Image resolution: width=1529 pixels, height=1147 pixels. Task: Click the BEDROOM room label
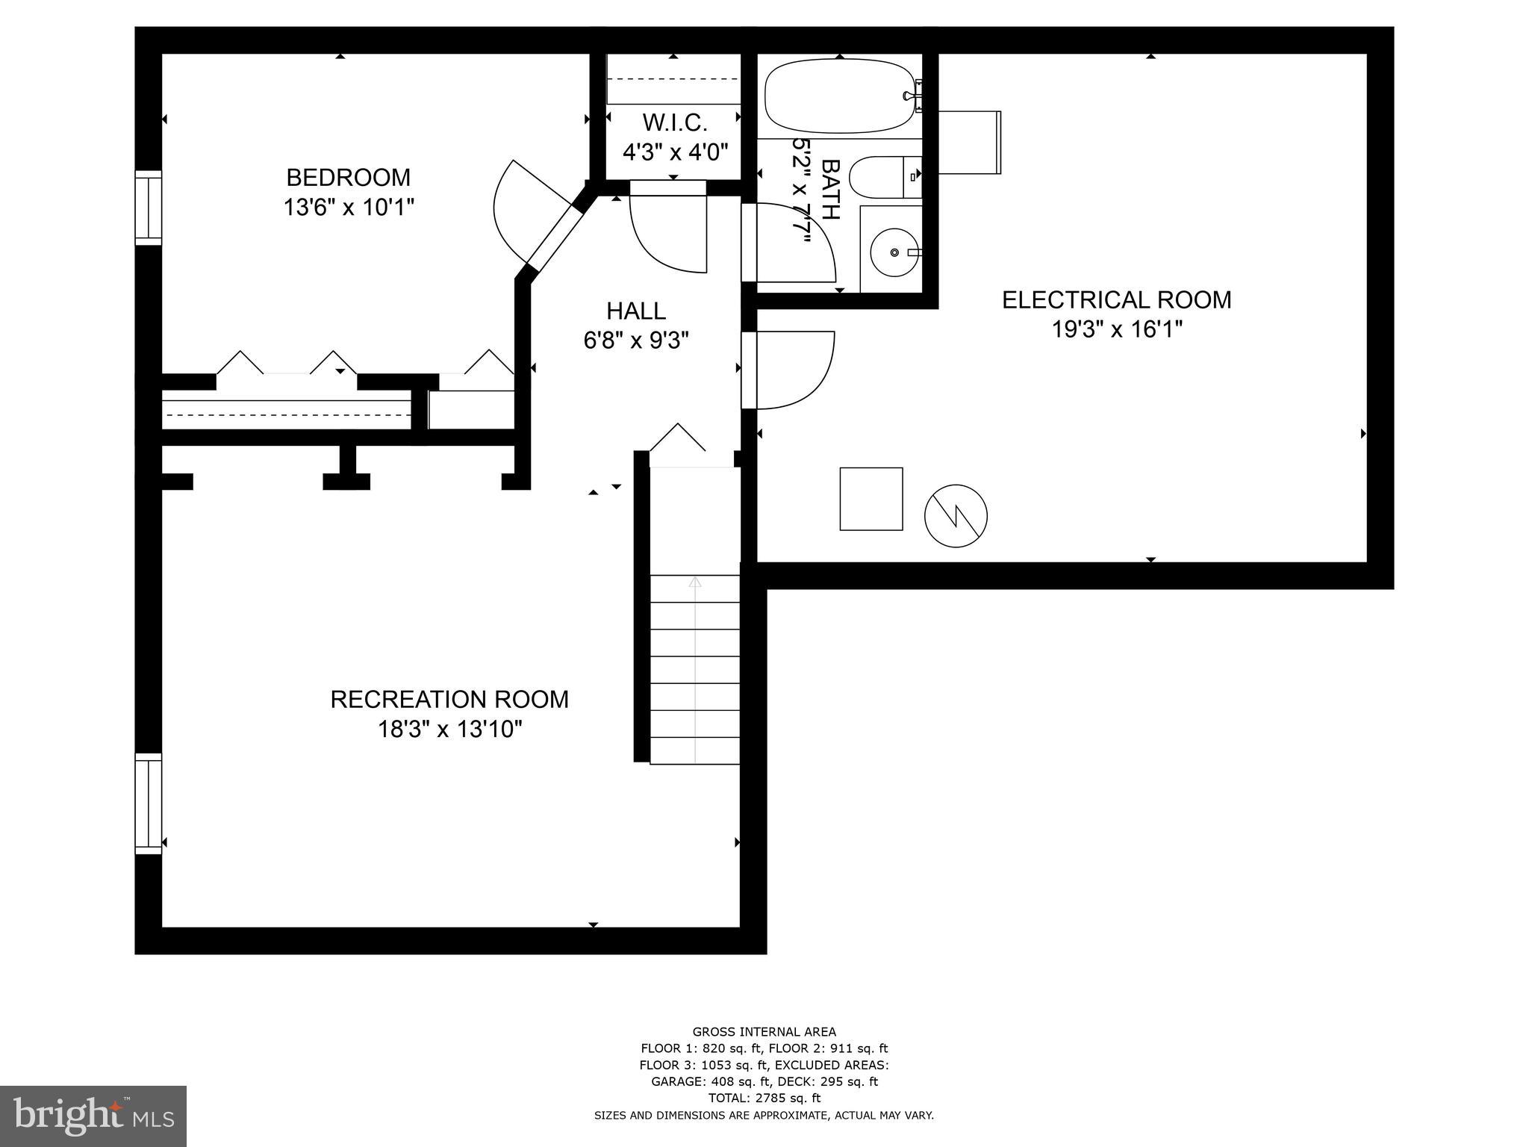point(348,178)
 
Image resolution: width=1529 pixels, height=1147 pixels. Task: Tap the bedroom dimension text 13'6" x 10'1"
point(348,207)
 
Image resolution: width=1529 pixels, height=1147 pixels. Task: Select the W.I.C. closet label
point(674,122)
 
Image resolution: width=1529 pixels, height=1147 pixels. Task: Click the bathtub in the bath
point(838,96)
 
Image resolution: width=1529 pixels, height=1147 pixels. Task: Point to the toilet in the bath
point(885,177)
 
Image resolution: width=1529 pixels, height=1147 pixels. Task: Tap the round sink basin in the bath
point(894,252)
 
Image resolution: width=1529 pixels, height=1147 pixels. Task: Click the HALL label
point(635,311)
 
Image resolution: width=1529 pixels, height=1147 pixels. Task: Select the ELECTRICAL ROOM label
point(1116,300)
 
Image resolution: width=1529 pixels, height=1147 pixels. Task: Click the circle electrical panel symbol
point(956,515)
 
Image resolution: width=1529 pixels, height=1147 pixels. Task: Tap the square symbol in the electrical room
point(871,499)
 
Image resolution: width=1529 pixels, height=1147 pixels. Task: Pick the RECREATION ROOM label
point(449,700)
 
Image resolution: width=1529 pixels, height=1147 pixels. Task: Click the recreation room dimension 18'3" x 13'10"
point(449,729)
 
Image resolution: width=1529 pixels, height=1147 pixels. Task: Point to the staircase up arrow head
point(695,582)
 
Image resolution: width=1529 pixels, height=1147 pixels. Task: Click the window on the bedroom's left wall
point(148,208)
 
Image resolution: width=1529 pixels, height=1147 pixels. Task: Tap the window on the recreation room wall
point(148,803)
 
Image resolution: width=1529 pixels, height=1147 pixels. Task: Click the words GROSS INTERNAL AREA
point(764,1032)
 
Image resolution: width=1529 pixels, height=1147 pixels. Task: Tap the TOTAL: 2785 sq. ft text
point(764,1098)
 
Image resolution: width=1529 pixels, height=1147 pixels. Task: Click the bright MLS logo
point(93,1116)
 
